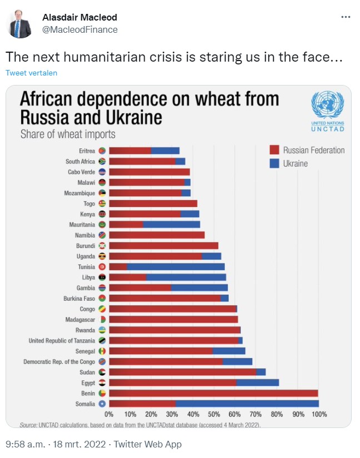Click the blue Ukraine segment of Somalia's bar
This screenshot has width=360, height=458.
(x=247, y=404)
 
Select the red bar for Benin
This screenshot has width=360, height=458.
(x=213, y=393)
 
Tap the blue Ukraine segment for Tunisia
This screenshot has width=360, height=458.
(x=176, y=266)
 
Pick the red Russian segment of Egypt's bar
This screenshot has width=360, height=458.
(x=173, y=382)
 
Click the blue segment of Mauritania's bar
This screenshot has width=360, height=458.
(x=172, y=224)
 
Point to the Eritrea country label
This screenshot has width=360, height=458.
(x=87, y=150)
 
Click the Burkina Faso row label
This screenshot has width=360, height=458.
(x=79, y=298)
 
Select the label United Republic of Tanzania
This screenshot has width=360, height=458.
(x=61, y=340)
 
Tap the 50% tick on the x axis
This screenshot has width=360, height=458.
(x=214, y=414)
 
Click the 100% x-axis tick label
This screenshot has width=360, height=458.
(x=318, y=414)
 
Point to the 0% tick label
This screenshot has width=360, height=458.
(x=109, y=414)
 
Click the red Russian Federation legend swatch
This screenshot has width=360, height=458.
(x=273, y=150)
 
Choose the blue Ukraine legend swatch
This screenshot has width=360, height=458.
(x=273, y=163)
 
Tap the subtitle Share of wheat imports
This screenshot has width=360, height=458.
(x=68, y=134)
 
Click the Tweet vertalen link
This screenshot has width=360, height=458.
(x=32, y=73)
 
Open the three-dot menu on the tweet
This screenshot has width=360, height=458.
(x=346, y=17)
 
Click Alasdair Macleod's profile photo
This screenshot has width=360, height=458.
(x=21, y=24)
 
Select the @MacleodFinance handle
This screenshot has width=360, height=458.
(x=80, y=29)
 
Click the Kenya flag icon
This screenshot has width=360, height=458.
(x=102, y=214)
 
